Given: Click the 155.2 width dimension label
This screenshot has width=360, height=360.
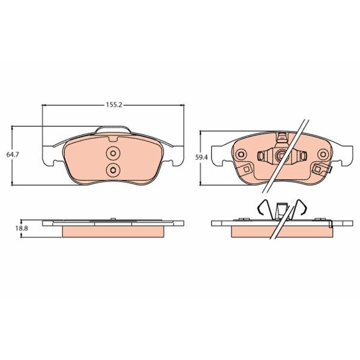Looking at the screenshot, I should [x=113, y=104].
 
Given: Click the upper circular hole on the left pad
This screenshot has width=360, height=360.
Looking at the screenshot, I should [x=113, y=152].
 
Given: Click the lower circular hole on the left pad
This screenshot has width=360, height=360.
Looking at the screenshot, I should [x=113, y=170].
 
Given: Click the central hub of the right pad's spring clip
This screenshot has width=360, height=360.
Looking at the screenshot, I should [x=278, y=156].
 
